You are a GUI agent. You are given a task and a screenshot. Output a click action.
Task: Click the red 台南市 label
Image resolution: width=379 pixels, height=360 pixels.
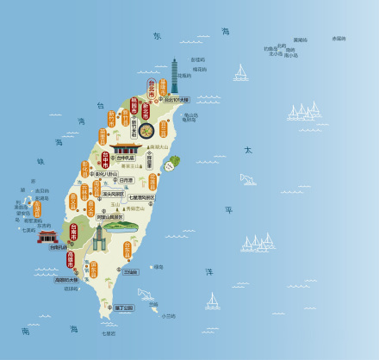point(73,233)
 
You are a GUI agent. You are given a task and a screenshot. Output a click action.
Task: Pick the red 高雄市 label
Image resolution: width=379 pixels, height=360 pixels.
point(71,259)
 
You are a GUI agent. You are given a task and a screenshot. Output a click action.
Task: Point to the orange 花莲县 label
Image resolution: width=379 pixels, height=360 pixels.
point(152,182)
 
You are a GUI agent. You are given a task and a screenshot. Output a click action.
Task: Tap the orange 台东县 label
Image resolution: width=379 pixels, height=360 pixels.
point(127,250)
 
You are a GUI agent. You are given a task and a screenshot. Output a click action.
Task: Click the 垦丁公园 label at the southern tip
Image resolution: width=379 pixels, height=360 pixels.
point(124,307)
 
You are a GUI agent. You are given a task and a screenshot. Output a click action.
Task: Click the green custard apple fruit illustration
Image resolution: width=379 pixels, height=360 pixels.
point(174,161)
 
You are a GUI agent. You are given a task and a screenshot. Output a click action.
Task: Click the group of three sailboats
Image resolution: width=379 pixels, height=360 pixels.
point(304,111)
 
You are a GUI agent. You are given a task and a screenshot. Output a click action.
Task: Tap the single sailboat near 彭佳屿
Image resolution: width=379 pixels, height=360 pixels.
point(241,73)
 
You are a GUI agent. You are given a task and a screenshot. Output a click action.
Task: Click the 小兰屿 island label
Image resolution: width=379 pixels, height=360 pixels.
point(168,315)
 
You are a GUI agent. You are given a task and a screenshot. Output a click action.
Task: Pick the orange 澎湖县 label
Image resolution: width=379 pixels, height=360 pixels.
point(37,208)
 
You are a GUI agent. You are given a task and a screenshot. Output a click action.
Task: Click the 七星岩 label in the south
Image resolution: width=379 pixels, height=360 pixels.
point(109,332)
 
